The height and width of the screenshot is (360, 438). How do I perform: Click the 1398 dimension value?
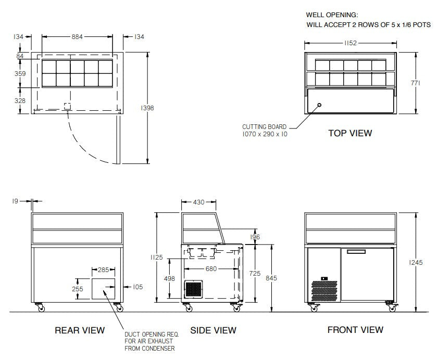147,108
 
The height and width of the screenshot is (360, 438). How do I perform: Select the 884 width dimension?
77,36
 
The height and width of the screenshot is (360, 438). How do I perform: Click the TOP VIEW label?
350,133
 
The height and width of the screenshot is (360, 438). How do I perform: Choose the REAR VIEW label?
80,330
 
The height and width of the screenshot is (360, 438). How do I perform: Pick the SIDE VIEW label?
213,330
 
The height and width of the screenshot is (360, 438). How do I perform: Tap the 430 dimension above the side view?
199,202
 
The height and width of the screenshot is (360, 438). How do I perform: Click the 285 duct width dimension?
104,270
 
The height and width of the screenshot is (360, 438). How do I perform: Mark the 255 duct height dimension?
77,289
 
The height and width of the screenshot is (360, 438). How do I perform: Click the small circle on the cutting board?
319,105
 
